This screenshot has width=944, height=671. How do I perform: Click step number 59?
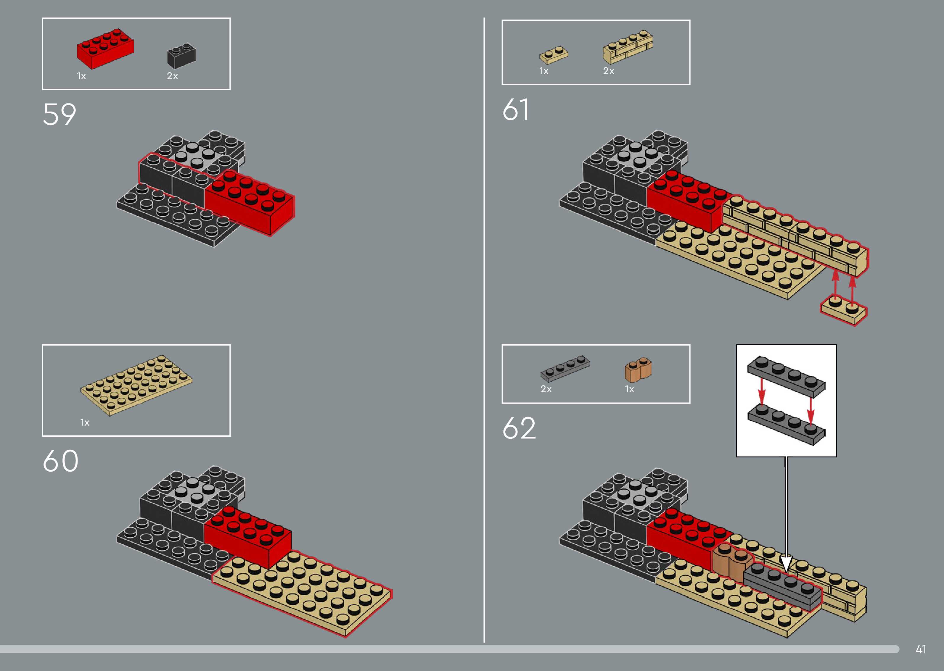[59, 114]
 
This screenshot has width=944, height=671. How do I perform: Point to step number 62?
[519, 428]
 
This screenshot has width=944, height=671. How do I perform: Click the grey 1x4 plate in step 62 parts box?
[565, 367]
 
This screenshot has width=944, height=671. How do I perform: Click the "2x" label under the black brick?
[172, 76]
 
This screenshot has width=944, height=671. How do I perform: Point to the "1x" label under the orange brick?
[629, 389]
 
